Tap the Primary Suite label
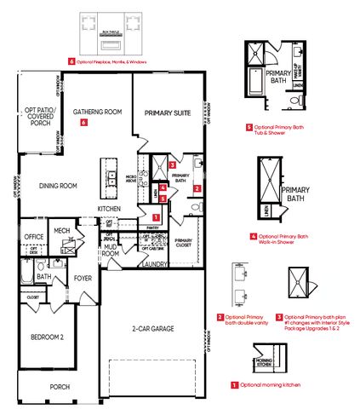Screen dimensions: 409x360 167,112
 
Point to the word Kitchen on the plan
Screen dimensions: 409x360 108,209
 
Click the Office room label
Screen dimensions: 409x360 34,237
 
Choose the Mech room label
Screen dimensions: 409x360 62,230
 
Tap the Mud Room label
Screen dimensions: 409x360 110,251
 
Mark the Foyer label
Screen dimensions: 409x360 83,277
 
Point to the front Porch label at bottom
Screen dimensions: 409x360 60,386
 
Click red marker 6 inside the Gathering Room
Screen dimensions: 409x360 83,123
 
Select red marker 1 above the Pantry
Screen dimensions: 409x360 154,218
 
